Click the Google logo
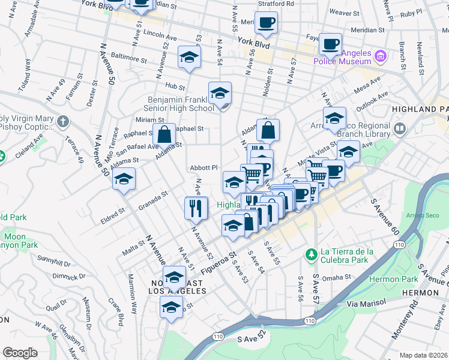(x=20, y=353)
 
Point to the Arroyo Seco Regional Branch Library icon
(x=400, y=128)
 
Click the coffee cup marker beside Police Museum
(x=330, y=43)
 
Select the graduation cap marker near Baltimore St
(x=189, y=58)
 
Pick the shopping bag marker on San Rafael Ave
(x=164, y=134)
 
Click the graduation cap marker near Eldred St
(x=124, y=179)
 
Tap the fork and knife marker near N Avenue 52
(x=196, y=208)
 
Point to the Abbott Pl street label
(x=203, y=168)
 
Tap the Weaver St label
(x=343, y=12)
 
